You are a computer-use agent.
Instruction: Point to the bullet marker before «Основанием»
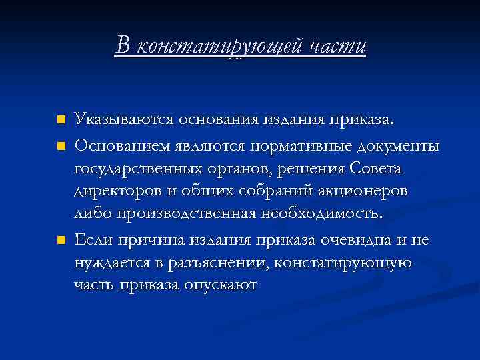[x=61, y=145]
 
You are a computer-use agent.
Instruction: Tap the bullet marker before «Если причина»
[x=61, y=239]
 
